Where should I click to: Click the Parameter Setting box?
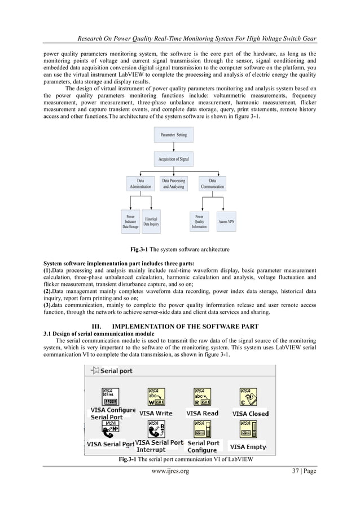173,135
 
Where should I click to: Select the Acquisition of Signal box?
173,160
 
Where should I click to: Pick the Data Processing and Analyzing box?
173,184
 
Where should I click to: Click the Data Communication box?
212,184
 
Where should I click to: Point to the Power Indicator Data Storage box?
130,222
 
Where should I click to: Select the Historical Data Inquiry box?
151,222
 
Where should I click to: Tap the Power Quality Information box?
199,222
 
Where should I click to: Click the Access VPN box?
226,222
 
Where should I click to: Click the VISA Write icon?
156,397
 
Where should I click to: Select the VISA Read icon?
202,397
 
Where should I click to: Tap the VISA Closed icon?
248,397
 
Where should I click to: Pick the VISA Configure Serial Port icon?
111,396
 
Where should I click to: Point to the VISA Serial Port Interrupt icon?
156,430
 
